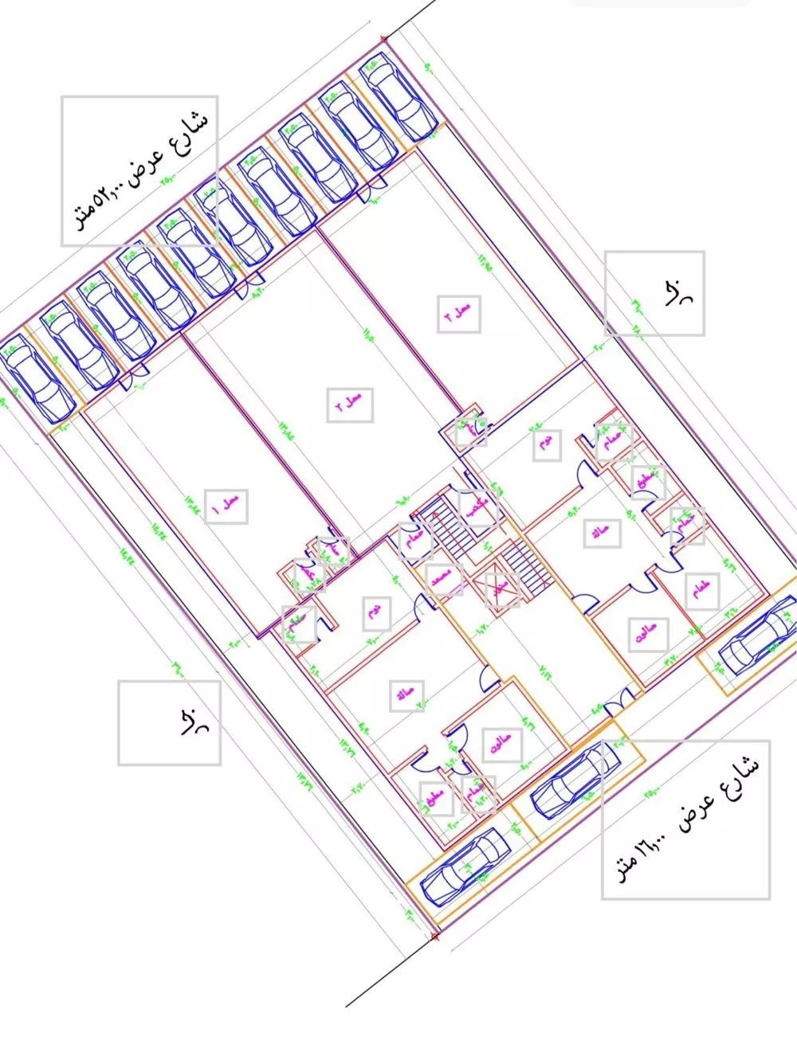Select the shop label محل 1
[x=228, y=506]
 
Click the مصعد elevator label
[x=446, y=581]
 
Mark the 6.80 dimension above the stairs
[x=403, y=502]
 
